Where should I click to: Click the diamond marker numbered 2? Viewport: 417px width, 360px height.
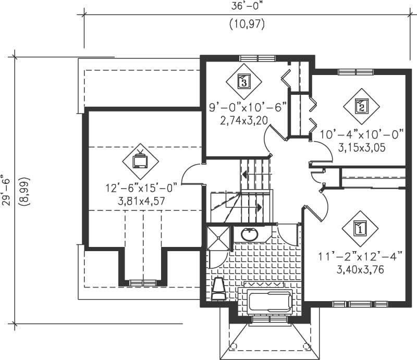[360, 107]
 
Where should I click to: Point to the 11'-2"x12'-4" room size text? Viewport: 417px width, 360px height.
[360, 257]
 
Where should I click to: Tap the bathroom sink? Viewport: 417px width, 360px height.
[249, 234]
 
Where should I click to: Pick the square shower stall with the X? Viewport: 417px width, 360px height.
[217, 237]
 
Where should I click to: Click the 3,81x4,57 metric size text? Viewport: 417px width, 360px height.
[141, 198]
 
